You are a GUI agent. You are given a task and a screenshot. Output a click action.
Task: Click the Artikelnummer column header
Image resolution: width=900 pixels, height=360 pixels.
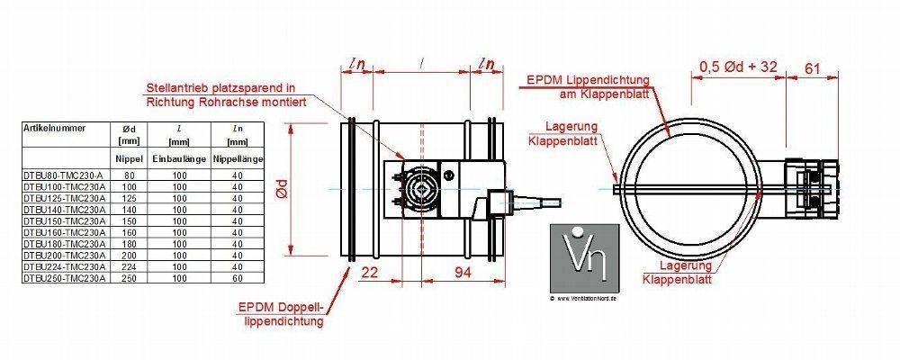click(55, 128)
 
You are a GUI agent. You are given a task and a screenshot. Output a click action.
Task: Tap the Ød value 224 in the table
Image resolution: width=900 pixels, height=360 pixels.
click(129, 267)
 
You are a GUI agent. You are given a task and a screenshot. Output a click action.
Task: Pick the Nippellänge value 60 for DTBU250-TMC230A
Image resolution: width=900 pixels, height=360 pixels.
click(237, 279)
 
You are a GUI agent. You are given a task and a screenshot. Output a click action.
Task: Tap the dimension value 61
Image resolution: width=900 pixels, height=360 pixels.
click(812, 67)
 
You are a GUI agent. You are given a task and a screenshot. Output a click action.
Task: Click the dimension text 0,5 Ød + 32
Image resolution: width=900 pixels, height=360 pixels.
click(738, 67)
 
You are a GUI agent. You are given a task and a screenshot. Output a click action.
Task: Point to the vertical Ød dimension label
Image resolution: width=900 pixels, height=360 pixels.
click(281, 189)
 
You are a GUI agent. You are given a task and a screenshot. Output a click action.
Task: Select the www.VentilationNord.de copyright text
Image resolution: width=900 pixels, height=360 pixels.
click(584, 298)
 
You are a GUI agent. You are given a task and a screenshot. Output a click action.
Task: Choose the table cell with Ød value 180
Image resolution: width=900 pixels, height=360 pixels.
click(129, 244)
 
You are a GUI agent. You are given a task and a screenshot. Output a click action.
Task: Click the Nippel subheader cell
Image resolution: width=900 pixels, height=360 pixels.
click(129, 158)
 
